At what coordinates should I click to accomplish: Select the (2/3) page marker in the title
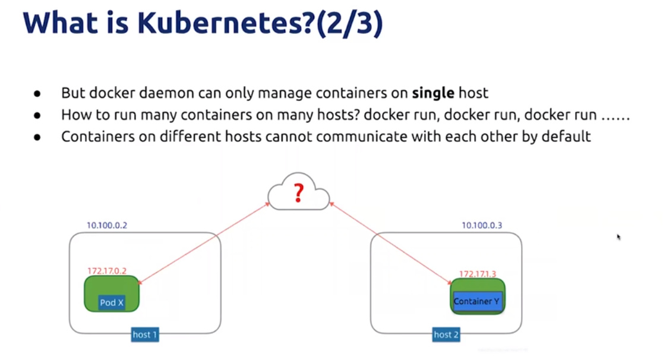pos(349,24)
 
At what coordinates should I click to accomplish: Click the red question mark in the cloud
pos(299,192)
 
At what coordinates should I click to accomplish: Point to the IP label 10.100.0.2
pos(108,226)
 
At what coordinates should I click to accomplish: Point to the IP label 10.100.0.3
pos(482,226)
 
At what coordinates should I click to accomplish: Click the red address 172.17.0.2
pos(108,271)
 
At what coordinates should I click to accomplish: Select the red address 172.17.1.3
pos(477,274)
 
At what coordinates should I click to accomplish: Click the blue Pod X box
pos(112,302)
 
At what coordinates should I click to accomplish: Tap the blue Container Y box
pos(477,301)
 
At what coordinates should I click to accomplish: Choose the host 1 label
pos(145,334)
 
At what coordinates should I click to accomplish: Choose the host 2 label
pos(446,334)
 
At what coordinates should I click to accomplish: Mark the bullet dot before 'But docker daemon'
pos(37,94)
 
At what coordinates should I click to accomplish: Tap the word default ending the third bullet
pos(566,137)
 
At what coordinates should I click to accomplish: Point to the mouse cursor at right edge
pos(618,236)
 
